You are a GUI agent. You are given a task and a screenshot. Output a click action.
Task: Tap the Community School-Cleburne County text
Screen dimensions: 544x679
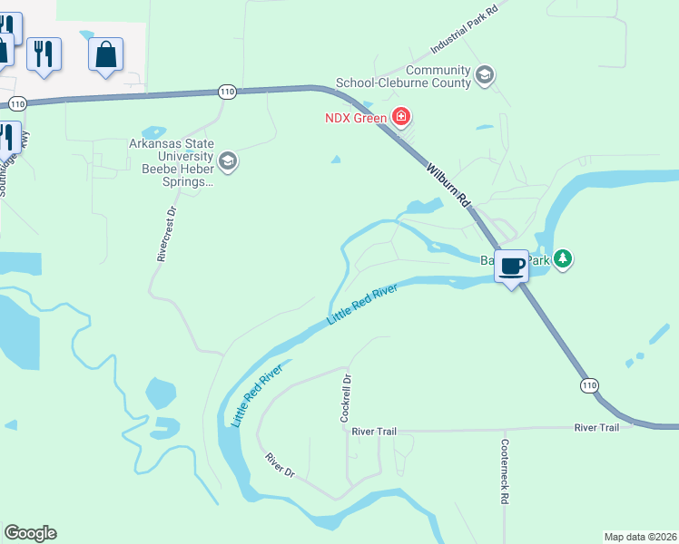coord(404,76)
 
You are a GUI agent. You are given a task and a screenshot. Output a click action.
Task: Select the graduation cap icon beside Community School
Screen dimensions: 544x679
coord(485,75)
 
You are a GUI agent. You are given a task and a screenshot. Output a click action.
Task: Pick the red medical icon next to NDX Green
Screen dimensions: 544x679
coord(400,116)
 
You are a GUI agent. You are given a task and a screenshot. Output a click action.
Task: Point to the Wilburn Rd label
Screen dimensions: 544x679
coord(450,184)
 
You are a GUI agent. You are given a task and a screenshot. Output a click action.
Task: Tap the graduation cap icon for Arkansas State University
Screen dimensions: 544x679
coord(227,162)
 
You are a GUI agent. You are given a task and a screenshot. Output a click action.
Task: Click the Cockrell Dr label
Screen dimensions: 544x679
coord(345,400)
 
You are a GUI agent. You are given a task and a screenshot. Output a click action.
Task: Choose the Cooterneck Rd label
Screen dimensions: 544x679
coord(505,472)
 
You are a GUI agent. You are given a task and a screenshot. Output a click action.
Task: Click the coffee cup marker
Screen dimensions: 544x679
coord(512,267)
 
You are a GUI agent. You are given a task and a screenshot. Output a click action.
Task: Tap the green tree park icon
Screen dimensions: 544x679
coord(564,259)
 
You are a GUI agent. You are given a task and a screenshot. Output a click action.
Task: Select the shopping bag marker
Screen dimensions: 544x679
coord(105,53)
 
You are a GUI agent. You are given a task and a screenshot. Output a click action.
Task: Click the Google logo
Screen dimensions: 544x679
coord(30,533)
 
